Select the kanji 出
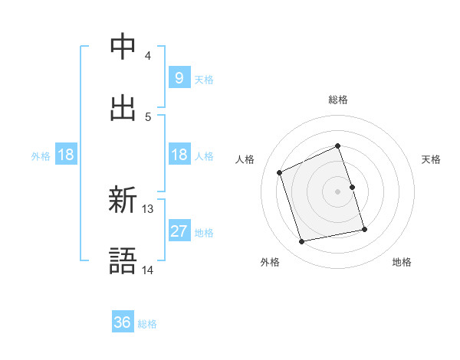click(123, 108)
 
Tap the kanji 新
click(123, 201)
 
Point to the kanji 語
click(123, 262)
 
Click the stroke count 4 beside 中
click(148, 55)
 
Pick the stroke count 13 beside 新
click(148, 208)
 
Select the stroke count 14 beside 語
click(148, 270)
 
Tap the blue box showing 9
click(179, 77)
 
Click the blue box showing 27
click(179, 231)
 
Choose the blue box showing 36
click(123, 322)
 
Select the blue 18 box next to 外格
click(66, 155)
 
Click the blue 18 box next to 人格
click(179, 155)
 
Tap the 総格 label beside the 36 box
click(147, 324)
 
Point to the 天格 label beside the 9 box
click(204, 79)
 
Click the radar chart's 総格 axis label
click(338, 100)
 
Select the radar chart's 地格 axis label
click(402, 262)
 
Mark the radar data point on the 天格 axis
click(352, 187)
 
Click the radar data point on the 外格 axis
click(302, 241)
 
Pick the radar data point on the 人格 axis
click(280, 172)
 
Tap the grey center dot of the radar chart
click(338, 191)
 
